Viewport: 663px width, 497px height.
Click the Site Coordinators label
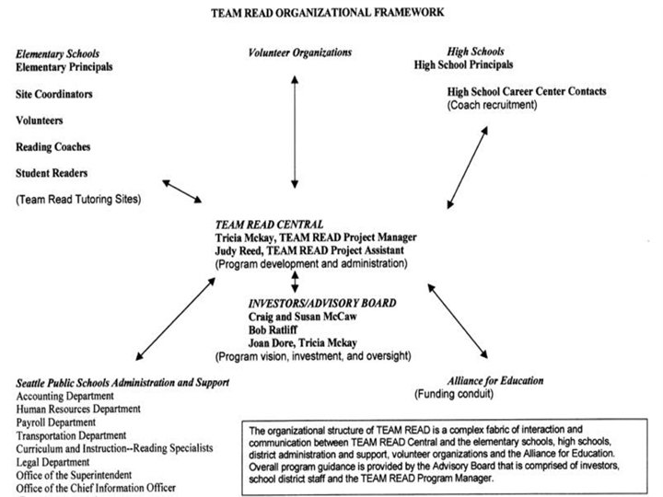pos(54,94)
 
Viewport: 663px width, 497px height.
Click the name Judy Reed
pos(238,250)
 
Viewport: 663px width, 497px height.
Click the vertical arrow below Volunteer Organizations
pos(294,130)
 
